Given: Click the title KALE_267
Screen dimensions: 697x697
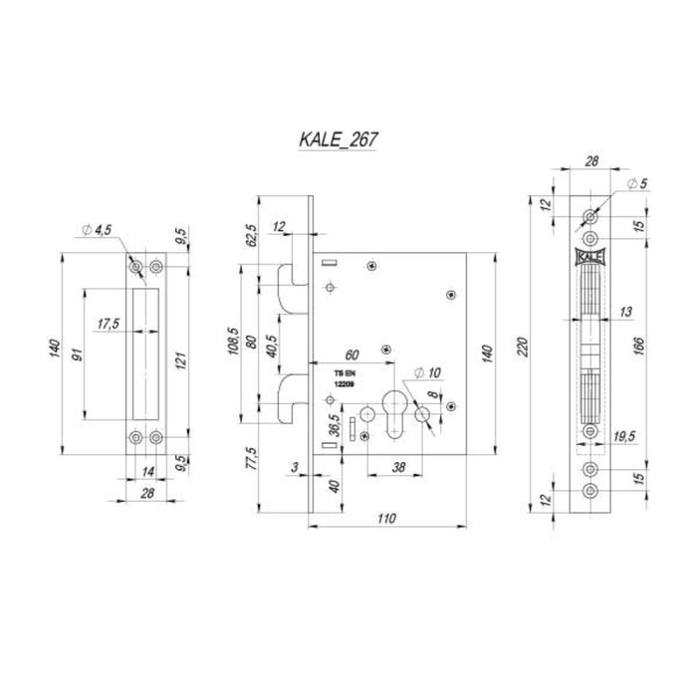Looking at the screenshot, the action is [339, 139].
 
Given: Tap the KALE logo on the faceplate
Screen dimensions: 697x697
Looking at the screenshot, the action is [589, 257].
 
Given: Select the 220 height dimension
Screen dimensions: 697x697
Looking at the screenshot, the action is [523, 348].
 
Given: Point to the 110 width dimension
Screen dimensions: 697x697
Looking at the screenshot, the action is [386, 519].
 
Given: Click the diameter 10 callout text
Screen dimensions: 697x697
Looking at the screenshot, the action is [427, 372].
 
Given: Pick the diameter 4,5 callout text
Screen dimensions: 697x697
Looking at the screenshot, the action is [97, 230].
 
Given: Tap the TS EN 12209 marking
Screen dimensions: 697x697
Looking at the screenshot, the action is [345, 378].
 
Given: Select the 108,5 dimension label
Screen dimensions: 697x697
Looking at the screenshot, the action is [234, 342].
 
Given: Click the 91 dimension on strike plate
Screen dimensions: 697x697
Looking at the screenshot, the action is [78, 355].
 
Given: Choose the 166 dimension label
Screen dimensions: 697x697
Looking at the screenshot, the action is [638, 347].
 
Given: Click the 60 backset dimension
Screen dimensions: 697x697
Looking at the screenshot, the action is [351, 355].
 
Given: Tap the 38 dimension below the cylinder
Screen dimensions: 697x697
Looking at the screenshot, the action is [398, 467].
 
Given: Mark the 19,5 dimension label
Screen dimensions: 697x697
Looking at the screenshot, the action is [624, 436].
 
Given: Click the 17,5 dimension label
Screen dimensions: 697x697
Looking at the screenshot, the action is [109, 324].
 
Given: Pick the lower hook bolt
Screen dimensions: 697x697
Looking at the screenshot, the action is [293, 398].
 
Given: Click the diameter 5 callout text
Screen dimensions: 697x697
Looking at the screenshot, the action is [637, 183].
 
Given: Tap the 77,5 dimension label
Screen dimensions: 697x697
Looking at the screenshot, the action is [251, 458].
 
